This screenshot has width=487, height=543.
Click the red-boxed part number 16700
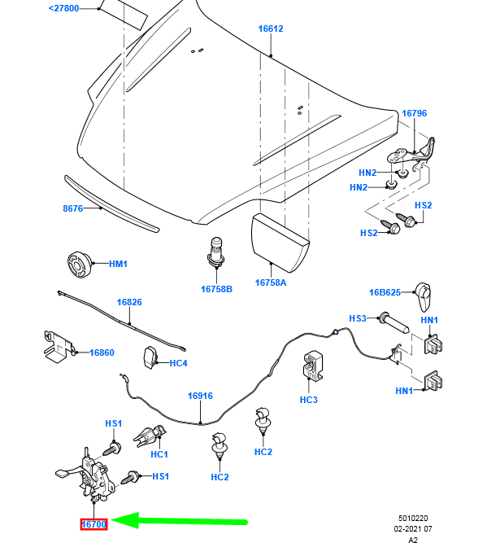click(93, 524)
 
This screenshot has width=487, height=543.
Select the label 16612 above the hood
click(271, 28)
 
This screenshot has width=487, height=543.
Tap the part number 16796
click(414, 114)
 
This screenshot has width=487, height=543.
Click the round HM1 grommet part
click(78, 265)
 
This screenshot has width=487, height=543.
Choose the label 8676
click(74, 208)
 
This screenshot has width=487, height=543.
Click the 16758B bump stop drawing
click(216, 252)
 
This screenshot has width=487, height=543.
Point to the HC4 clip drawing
click(150, 357)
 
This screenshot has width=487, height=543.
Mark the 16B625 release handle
click(424, 296)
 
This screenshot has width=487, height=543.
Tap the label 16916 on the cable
click(200, 396)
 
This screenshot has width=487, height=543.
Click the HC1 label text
click(159, 453)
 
